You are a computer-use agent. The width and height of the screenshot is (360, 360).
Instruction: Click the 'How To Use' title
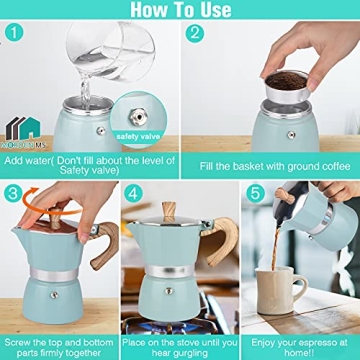(x=180, y=11)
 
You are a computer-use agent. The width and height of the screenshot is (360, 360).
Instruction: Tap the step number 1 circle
(x=14, y=35)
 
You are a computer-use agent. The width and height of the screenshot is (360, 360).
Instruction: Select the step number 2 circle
(x=193, y=35)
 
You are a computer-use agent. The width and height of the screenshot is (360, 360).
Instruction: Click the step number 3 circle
(x=14, y=193)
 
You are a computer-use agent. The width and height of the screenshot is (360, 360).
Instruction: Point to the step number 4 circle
(x=133, y=193)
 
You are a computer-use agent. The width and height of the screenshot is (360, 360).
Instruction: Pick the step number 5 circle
(x=253, y=193)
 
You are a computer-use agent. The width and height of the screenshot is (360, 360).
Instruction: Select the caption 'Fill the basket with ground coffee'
(x=269, y=163)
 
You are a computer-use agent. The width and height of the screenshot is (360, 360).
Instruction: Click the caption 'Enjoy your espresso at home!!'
(x=299, y=345)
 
